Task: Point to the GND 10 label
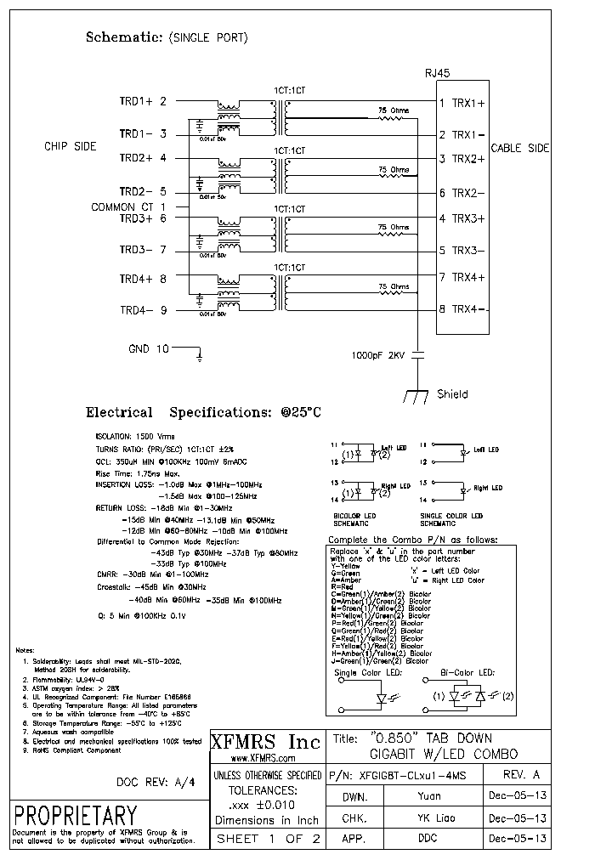pos(149,348)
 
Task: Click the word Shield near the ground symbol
pos(452,394)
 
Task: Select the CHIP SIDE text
pos(71,147)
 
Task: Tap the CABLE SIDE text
pos(520,148)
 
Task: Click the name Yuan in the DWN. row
pos(429,797)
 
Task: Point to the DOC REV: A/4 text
pos(155,783)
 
